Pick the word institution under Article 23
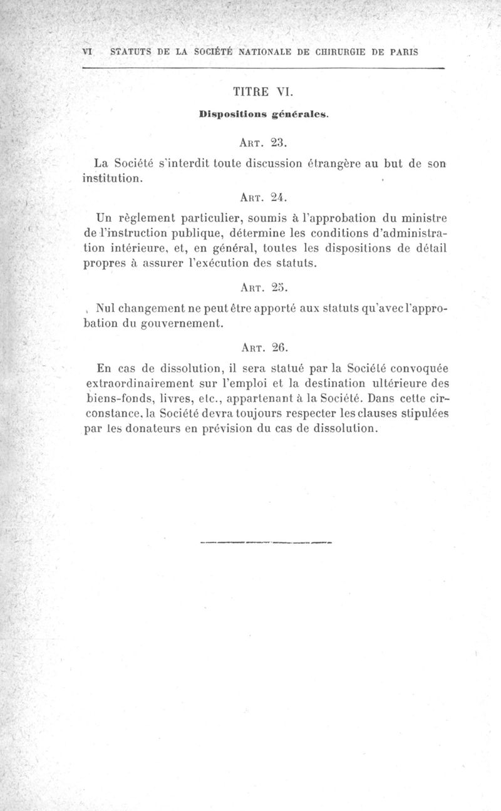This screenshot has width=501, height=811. [115, 178]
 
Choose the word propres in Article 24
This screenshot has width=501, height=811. [104, 264]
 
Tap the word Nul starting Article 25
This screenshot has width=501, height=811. [106, 309]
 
